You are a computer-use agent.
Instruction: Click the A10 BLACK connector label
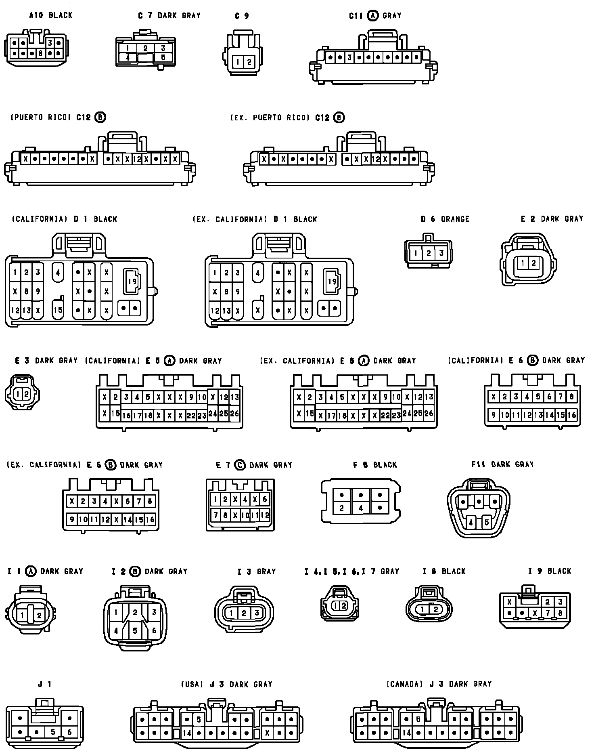[x=50, y=15]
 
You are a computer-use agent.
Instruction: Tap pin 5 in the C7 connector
[x=163, y=57]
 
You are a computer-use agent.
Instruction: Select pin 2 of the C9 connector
[x=249, y=62]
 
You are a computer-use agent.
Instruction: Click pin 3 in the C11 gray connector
[x=349, y=57]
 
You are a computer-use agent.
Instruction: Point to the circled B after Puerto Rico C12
[x=100, y=117]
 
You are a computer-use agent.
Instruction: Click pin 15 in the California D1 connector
[x=58, y=310]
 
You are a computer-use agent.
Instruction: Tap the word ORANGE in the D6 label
[x=455, y=219]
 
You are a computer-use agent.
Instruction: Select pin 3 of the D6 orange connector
[x=441, y=253]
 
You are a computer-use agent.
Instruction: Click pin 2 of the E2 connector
[x=533, y=263]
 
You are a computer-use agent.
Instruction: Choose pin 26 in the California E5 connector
[x=234, y=414]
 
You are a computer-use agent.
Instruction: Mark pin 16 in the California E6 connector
[x=571, y=415]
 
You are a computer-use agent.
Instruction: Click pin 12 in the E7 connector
[x=265, y=515]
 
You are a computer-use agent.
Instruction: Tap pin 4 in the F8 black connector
[x=360, y=508]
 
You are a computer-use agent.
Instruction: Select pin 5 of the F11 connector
[x=486, y=522]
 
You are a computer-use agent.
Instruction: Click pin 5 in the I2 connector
[x=135, y=630]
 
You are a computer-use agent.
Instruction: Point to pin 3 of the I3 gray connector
[x=257, y=613]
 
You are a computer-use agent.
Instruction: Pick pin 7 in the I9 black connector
[x=548, y=613]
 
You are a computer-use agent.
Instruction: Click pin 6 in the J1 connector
[x=69, y=732]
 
